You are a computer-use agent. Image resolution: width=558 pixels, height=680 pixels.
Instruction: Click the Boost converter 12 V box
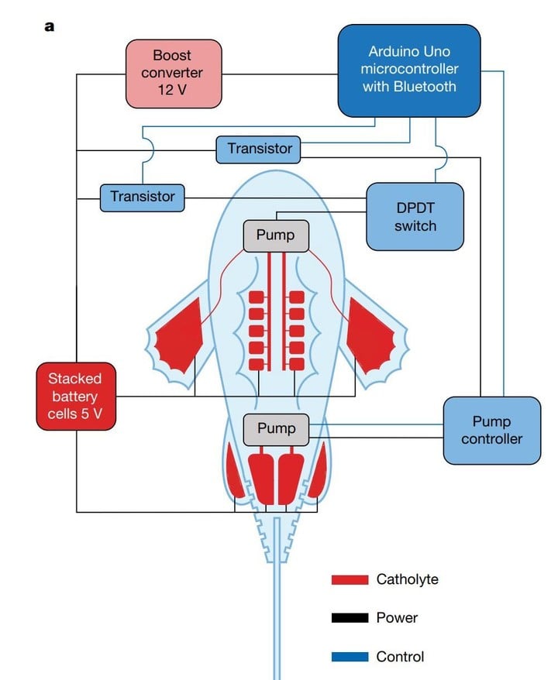tap(174, 73)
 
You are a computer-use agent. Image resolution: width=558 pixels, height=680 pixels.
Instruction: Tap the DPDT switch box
tap(415, 216)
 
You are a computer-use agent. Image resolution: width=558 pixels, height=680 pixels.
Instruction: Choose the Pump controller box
tap(491, 431)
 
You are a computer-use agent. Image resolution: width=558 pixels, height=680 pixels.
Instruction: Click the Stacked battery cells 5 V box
tap(75, 396)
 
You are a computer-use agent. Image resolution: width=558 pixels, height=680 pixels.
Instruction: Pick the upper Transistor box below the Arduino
tap(259, 148)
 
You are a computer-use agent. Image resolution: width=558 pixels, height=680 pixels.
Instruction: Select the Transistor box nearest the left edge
tap(143, 197)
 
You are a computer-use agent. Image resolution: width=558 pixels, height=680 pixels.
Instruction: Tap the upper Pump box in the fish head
tap(276, 235)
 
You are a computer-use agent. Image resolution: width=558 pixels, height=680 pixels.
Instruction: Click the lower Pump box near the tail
tap(276, 429)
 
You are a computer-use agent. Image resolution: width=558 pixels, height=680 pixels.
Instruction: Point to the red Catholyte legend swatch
tap(349, 579)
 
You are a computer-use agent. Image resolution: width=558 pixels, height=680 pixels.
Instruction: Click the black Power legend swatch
tap(349, 618)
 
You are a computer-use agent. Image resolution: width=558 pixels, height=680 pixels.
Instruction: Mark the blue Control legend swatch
tap(349, 657)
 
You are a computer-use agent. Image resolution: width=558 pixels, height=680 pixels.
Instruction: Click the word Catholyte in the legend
tap(407, 579)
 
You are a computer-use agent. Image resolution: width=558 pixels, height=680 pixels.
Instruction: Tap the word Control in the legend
tap(400, 657)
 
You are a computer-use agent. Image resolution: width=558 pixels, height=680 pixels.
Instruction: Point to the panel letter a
tap(50, 26)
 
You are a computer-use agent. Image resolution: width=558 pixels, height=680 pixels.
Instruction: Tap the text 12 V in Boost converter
tap(174, 91)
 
